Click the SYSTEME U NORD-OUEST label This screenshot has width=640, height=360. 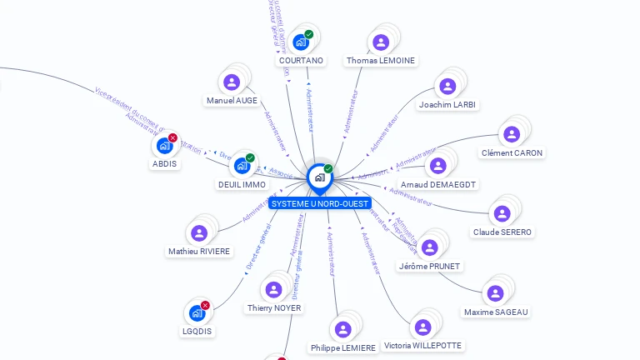319,203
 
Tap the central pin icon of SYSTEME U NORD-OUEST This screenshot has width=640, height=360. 318,177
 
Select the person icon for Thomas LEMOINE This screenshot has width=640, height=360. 381,42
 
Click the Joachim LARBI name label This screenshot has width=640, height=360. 447,105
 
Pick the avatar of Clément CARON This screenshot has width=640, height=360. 512,134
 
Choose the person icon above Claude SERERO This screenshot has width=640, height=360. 502,213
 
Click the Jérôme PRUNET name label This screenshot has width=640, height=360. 429,266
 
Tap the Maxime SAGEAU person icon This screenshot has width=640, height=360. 496,293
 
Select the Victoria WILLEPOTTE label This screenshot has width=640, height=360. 422,345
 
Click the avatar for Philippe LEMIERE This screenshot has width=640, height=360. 342,329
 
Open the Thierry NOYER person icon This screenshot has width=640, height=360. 273,290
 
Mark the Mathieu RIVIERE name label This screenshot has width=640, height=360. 199,251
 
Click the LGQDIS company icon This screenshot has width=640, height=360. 197,313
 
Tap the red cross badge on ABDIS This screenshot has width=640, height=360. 172,137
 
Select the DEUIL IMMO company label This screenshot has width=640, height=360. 242,184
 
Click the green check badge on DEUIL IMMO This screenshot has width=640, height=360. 250,157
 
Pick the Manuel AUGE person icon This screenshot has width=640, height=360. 232,82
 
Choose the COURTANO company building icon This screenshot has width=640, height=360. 301,42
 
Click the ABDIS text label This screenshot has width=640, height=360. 164,163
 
